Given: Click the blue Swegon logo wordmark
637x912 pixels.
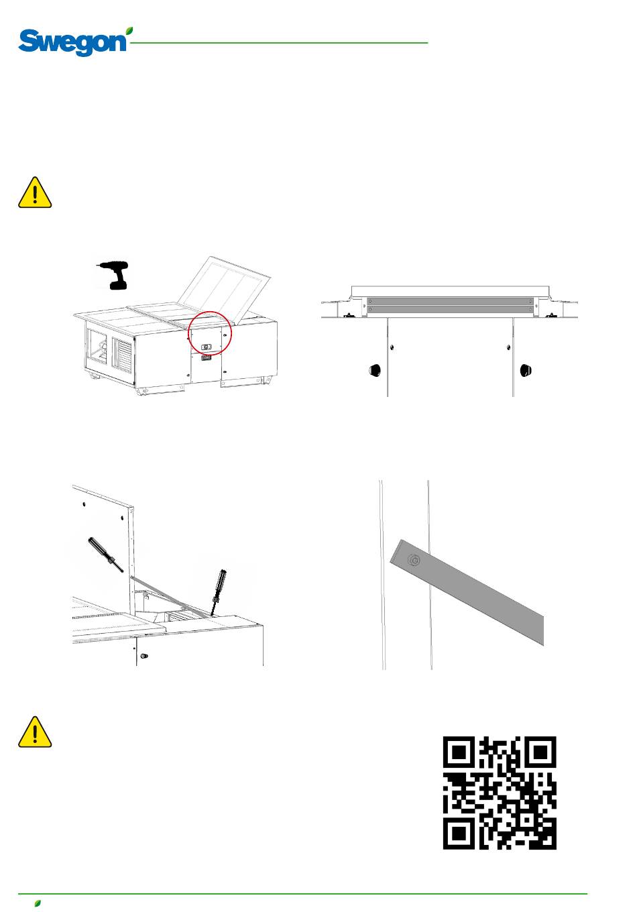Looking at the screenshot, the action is pyautogui.click(x=72, y=43).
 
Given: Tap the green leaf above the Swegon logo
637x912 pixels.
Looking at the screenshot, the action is pyautogui.click(x=129, y=31).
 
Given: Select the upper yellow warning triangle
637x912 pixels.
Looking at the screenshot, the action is pyautogui.click(x=35, y=192).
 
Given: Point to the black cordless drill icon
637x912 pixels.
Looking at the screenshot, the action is pyautogui.click(x=114, y=275).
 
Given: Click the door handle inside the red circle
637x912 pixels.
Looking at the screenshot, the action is pyautogui.click(x=207, y=347).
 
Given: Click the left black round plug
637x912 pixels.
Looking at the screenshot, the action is pyautogui.click(x=375, y=370).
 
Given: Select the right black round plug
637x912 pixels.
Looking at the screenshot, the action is pyautogui.click(x=526, y=370).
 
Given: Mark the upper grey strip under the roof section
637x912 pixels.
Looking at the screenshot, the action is pyautogui.click(x=450, y=301).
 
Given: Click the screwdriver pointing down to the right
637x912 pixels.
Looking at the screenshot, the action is pyautogui.click(x=105, y=555).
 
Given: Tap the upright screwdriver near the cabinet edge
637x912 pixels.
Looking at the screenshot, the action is pyautogui.click(x=219, y=592).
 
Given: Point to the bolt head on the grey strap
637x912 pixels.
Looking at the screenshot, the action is pyautogui.click(x=414, y=561).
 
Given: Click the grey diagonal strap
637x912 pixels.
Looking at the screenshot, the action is pyautogui.click(x=467, y=592).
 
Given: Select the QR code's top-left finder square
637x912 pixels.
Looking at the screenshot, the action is pyautogui.click(x=459, y=752).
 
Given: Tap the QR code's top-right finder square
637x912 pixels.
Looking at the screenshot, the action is pyautogui.click(x=540, y=752).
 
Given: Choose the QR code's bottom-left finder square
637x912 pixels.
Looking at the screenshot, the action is pyautogui.click(x=459, y=834).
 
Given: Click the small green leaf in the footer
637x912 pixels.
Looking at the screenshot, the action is pyautogui.click(x=38, y=903).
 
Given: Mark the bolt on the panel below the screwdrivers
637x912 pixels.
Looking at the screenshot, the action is pyautogui.click(x=144, y=656).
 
